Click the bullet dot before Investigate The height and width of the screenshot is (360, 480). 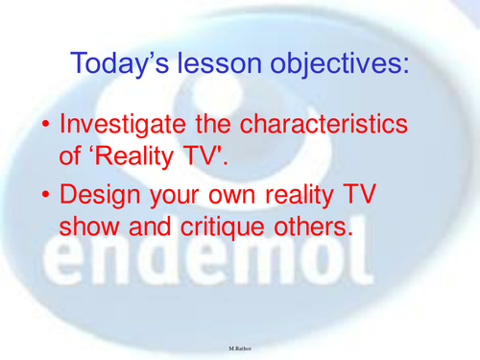[x=39, y=126]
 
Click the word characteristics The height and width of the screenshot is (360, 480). [x=325, y=126]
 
